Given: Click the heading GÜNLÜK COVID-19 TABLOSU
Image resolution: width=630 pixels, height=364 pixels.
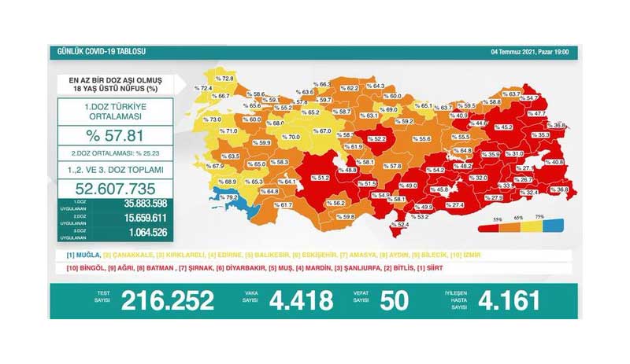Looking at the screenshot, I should point(92,52).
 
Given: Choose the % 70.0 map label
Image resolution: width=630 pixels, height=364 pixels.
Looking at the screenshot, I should point(291,137).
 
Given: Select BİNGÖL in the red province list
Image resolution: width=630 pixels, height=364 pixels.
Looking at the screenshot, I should point(87,269).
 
